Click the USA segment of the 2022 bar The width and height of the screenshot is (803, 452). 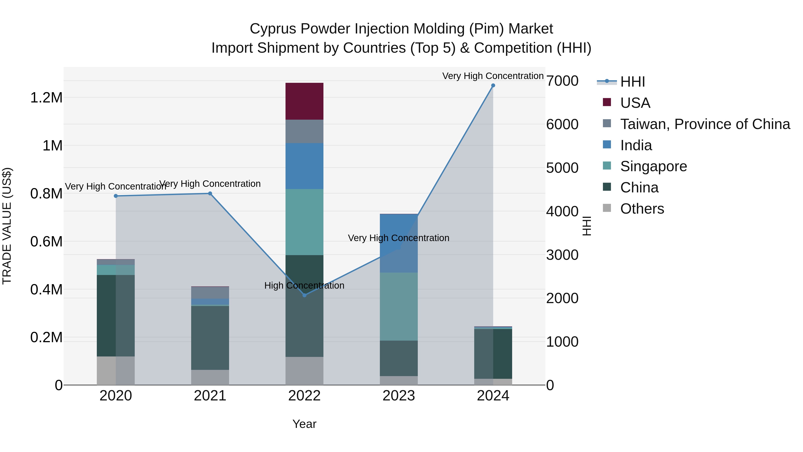[x=304, y=101]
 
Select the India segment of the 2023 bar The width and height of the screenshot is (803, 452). [x=399, y=243]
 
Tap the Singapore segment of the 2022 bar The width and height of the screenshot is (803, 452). [x=304, y=222]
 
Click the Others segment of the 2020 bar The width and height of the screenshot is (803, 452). [x=116, y=370]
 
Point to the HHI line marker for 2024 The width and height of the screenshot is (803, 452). [x=493, y=85]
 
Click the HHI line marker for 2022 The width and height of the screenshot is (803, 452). [x=304, y=295]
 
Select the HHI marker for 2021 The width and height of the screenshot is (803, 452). [x=210, y=193]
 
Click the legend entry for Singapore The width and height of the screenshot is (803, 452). [x=653, y=166]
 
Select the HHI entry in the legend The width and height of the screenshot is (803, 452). [x=632, y=82]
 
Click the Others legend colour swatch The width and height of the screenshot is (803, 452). [x=607, y=208]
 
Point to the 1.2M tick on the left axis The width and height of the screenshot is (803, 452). [x=46, y=98]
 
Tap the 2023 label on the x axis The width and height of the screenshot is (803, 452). [x=399, y=396]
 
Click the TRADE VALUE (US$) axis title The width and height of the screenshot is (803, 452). [x=7, y=226]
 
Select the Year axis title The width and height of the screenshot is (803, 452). [x=304, y=424]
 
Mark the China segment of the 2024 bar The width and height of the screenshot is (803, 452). [x=493, y=354]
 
